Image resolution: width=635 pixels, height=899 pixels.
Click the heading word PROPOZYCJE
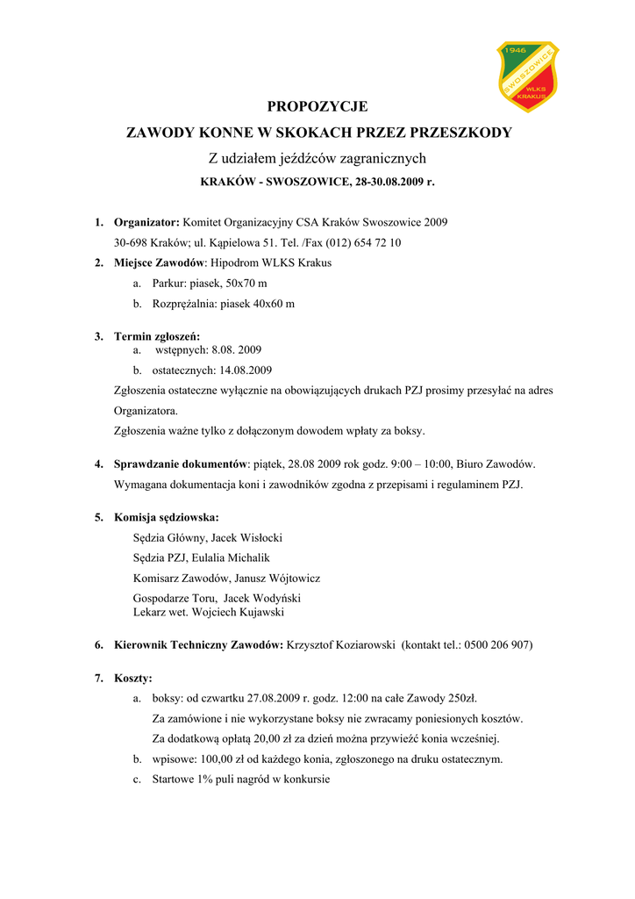pyautogui.click(x=317, y=107)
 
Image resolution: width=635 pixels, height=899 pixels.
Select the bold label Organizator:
pyautogui.click(x=146, y=222)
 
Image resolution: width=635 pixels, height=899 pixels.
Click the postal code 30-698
pyautogui.click(x=130, y=242)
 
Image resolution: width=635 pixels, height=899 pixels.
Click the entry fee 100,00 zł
pyautogui.click(x=209, y=759)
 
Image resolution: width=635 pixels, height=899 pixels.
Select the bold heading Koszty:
pyautogui.click(x=133, y=678)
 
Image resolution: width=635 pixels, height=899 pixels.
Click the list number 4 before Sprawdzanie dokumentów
pyautogui.click(x=99, y=464)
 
